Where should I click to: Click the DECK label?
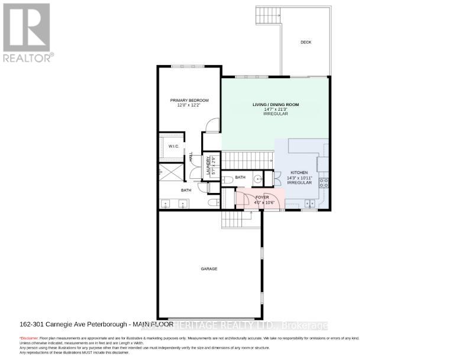click(x=305, y=42)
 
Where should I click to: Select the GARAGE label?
click(x=209, y=268)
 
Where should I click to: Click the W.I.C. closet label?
click(x=173, y=146)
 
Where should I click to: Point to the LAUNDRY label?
click(x=208, y=164)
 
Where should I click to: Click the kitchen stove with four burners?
click(x=324, y=182)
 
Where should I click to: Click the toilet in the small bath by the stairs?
click(x=227, y=179)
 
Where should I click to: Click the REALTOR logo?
click(x=27, y=32)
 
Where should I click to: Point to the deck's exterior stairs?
click(x=268, y=12)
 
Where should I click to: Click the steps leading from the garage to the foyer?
click(x=240, y=220)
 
